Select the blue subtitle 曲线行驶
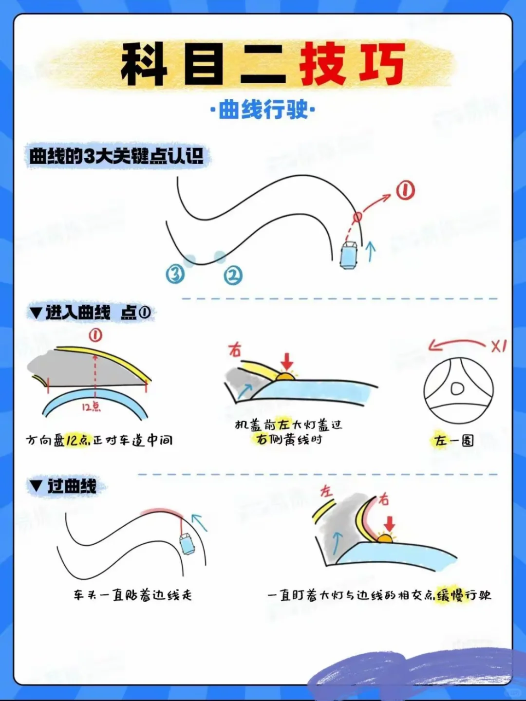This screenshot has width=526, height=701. coord(263,110)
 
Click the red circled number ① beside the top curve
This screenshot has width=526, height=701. coord(405,190)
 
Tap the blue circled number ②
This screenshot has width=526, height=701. coord(233,276)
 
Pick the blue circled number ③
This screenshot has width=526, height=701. coord(175,274)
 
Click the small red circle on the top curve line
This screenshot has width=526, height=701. coord(357,217)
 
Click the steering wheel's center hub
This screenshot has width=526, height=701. coord(457,388)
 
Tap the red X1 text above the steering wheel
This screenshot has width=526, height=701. coord(499,347)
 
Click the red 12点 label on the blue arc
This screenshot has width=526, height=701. coord(91,407)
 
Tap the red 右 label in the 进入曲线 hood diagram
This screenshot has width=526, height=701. coord(235,350)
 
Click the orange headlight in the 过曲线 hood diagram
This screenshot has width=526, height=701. coord(385,539)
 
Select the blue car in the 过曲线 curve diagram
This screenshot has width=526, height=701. coord(187,545)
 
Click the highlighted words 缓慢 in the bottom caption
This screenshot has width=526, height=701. coord(451,595)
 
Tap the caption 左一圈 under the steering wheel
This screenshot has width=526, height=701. coord(453,441)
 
